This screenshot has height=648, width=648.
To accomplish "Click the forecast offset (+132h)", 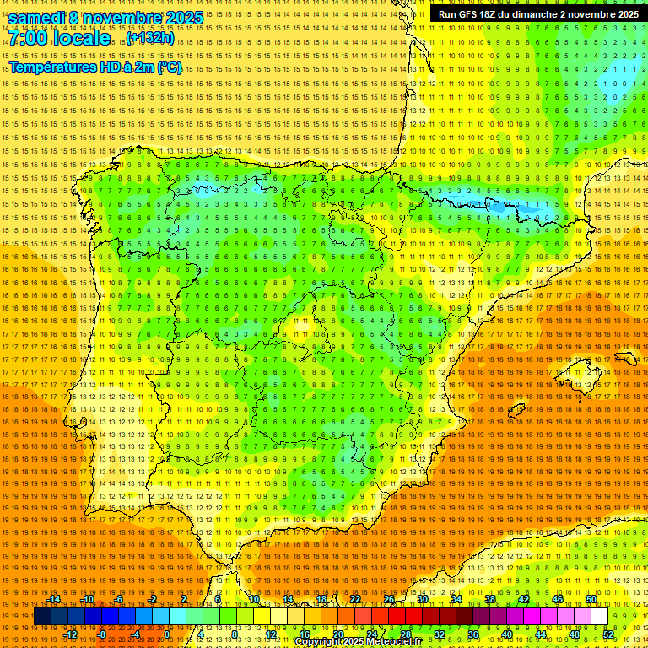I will (151, 38).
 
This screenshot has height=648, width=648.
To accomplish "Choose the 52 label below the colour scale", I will (608, 634).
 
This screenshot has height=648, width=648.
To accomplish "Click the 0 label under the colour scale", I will (167, 634).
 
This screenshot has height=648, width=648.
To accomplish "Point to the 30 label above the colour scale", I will (422, 599).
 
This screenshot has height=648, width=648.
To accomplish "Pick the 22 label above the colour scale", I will (354, 599).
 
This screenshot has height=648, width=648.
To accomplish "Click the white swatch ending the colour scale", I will (600, 617).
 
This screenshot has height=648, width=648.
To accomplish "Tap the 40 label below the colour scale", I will (506, 634).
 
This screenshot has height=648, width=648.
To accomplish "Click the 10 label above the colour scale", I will (253, 599).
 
